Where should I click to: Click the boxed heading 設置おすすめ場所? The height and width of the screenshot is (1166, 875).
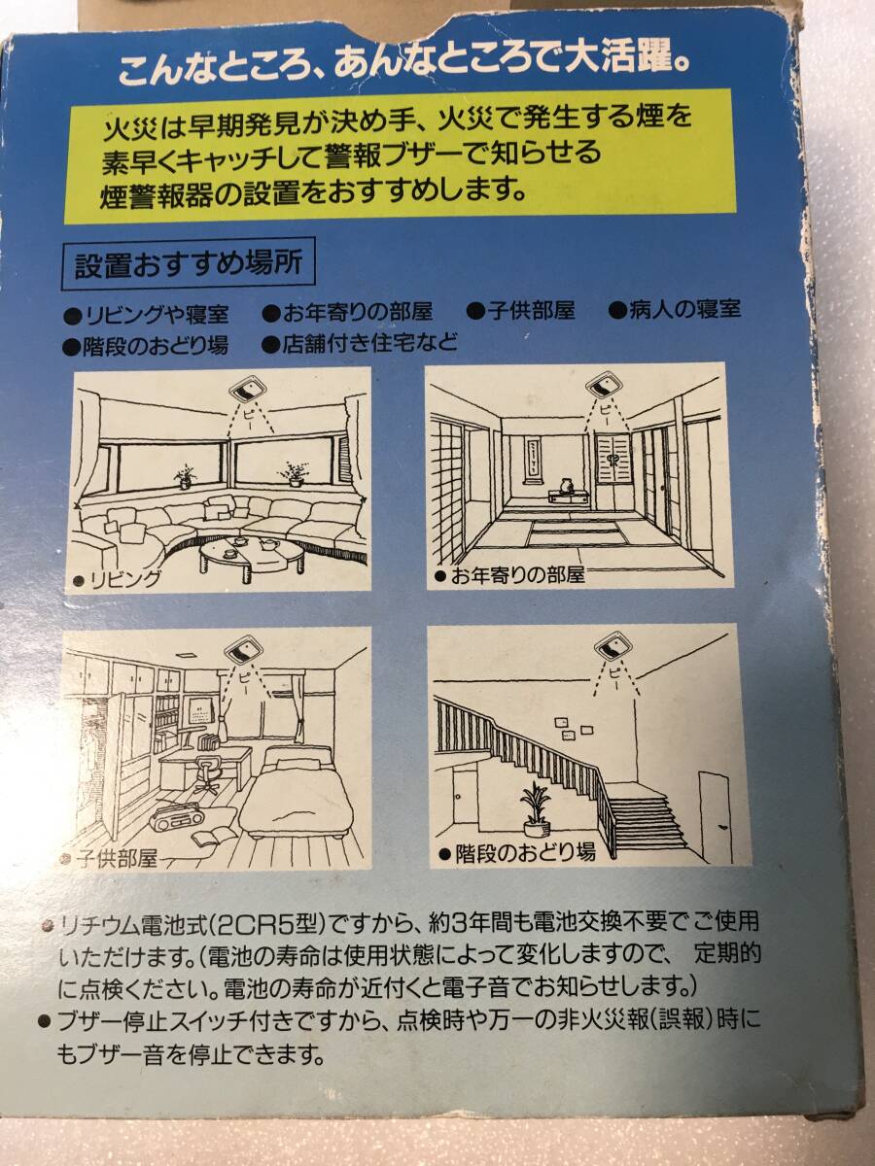click(189, 264)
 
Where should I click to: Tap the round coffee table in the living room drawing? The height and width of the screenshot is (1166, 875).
click(251, 556)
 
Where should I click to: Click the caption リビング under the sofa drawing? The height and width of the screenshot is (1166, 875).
click(119, 579)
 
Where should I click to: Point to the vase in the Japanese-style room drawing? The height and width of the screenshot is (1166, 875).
click(565, 486)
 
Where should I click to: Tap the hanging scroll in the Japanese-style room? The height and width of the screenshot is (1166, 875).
click(535, 460)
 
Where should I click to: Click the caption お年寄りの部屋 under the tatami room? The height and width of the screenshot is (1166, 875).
click(512, 575)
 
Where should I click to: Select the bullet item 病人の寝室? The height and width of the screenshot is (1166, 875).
click(675, 309)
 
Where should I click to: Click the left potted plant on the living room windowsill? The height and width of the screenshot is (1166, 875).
click(185, 476)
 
